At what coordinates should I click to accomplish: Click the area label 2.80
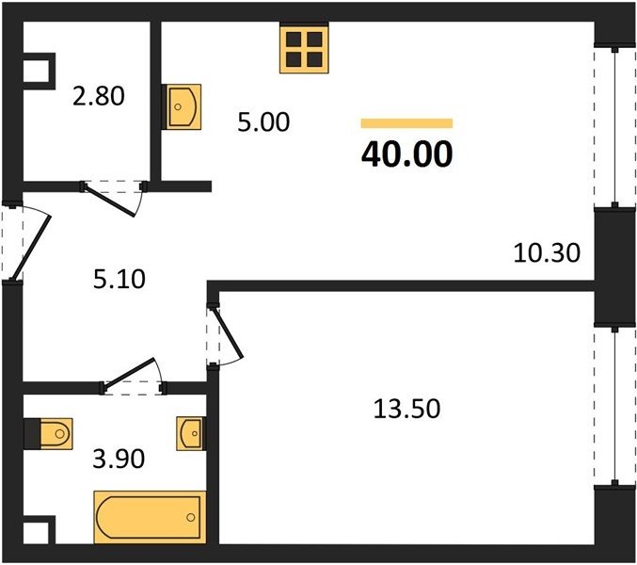point(99,97)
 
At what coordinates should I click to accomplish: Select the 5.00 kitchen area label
point(263,122)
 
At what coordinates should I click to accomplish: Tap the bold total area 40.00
point(406,154)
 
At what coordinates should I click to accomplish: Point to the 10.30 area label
point(548,252)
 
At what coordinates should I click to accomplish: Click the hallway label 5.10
point(119,280)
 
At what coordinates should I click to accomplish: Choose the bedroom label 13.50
point(406,409)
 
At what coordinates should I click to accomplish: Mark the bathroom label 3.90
point(119,460)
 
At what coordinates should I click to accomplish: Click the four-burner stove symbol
point(304,47)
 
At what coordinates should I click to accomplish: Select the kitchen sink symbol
point(182,107)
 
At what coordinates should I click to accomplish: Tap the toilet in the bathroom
point(48,434)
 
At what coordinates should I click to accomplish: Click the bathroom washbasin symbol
point(191,434)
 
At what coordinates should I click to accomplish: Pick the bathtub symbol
point(150,517)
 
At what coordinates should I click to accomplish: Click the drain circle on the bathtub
point(191,517)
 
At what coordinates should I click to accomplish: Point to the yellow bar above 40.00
point(406,123)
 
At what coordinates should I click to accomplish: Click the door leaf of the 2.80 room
point(110,201)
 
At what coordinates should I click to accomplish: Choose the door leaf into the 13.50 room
point(230,331)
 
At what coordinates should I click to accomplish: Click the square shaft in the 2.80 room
point(39,72)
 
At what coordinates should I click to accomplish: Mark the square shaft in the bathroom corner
point(39,529)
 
